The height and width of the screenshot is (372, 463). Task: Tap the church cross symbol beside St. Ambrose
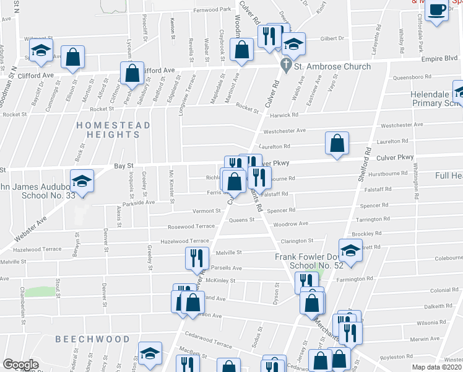click(286, 64)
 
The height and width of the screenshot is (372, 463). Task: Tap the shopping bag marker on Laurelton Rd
click(336, 144)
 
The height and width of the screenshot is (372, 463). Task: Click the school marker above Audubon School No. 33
click(82, 181)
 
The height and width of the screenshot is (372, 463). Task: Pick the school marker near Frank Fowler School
click(350, 251)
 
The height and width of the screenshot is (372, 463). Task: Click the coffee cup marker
click(437, 11)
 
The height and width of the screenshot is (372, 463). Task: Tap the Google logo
click(20, 365)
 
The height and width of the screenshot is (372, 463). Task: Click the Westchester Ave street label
click(285, 131)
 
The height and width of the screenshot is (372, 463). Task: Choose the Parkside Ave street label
click(139, 202)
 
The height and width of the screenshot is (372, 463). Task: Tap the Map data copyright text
click(437, 367)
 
